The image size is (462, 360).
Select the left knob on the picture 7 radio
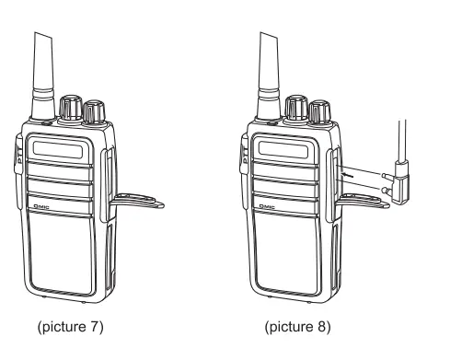pos(70,109)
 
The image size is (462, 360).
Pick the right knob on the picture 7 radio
pos(93,112)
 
